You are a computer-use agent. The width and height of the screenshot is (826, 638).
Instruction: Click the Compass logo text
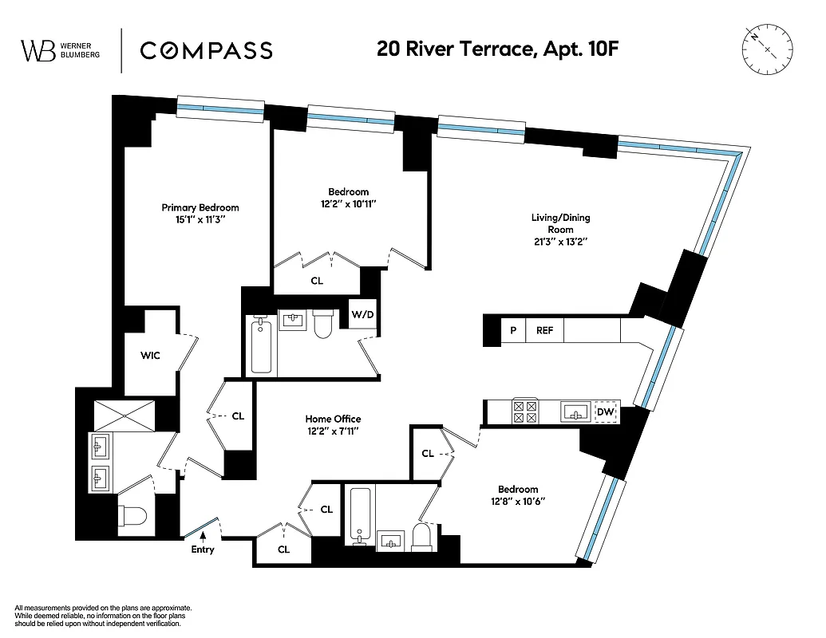click(206, 50)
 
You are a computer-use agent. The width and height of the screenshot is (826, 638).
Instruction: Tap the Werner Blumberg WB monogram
click(38, 50)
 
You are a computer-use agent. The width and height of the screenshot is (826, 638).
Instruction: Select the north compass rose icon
click(767, 49)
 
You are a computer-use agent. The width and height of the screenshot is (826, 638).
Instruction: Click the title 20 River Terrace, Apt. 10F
click(497, 49)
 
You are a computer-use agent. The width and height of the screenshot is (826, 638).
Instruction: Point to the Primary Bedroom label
click(200, 208)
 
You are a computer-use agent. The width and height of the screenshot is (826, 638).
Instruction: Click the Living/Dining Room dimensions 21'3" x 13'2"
click(561, 240)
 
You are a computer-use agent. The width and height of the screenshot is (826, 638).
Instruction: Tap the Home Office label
click(333, 419)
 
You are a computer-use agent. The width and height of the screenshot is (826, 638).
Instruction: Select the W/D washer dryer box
click(362, 314)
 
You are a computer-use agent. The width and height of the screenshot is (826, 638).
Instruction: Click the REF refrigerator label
click(544, 330)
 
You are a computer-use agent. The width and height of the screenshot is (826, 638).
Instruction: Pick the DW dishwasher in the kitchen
click(606, 412)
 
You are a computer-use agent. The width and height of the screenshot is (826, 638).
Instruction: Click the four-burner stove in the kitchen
click(524, 412)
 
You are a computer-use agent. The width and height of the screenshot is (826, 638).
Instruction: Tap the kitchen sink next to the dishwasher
click(575, 412)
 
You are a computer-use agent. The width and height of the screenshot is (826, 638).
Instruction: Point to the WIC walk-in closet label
click(150, 355)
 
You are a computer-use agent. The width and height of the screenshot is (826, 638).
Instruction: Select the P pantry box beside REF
click(513, 330)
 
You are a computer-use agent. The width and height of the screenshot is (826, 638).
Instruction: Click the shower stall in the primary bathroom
click(117, 415)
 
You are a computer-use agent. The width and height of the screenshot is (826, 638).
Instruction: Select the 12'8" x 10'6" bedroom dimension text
click(518, 502)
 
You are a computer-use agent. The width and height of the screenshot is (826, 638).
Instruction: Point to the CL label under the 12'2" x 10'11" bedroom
click(317, 281)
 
